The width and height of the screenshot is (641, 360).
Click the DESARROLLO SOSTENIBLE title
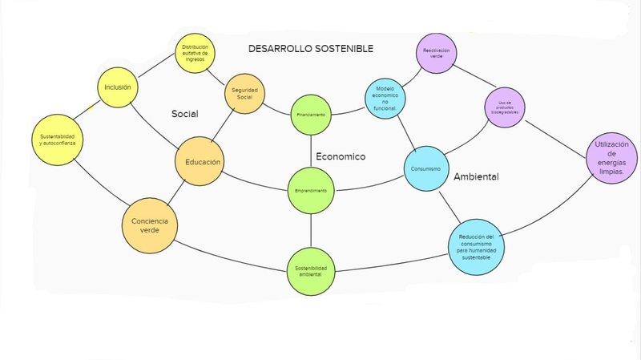coord(311,49)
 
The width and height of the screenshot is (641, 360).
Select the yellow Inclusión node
coord(118,87)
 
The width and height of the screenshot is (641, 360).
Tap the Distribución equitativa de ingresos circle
coord(195,53)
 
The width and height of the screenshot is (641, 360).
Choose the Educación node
coord(199,163)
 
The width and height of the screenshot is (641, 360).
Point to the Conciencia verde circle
coord(149,224)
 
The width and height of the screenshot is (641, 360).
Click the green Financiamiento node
coord(310,115)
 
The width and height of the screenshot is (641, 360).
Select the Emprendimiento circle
coord(310,191)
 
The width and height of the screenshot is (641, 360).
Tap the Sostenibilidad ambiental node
coord(310,270)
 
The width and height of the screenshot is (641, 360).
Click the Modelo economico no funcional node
coord(386,99)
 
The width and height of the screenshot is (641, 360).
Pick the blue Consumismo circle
coord(425,169)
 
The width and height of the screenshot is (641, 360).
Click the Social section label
coord(185,114)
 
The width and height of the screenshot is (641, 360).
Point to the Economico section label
coord(340,156)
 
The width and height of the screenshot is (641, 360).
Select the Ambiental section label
coord(476,176)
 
